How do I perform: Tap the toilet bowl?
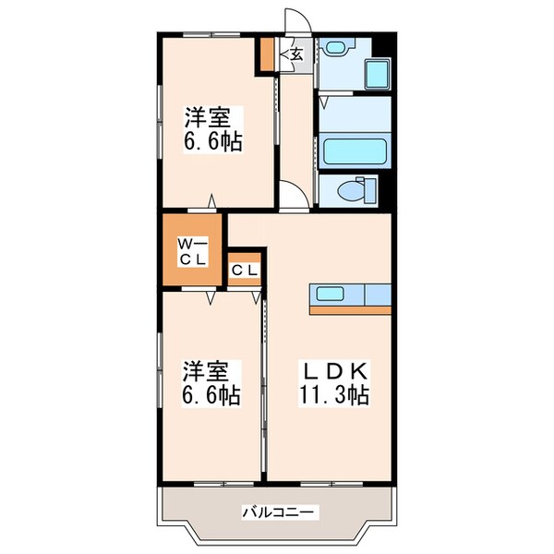click(350, 191)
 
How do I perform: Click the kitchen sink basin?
click(331, 295)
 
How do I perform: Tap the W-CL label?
click(192, 250)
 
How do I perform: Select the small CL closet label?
click(245, 271)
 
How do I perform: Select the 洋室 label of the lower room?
click(204, 371)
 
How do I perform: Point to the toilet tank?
click(370, 191)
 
